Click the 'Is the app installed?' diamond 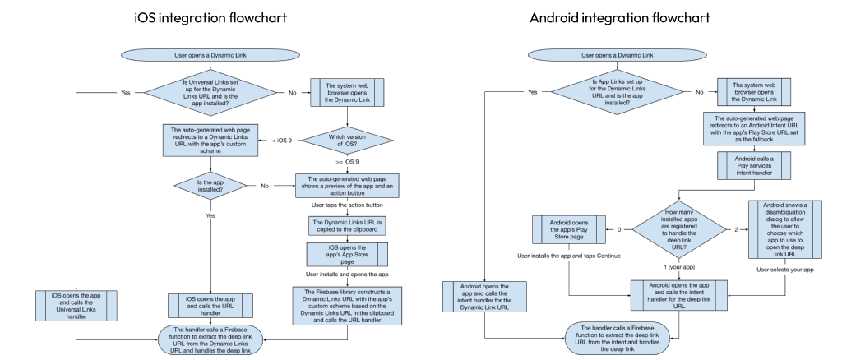211,186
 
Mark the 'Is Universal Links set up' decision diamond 211,92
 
